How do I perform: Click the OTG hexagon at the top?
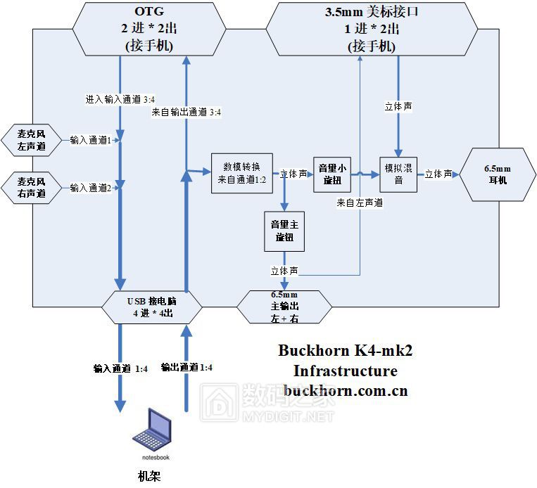[x=149, y=29]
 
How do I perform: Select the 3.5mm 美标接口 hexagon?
[x=372, y=29]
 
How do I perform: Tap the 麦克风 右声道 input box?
[x=32, y=186]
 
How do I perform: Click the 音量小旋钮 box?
[x=332, y=174]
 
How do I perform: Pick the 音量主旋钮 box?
[x=284, y=231]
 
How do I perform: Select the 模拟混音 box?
[x=398, y=174]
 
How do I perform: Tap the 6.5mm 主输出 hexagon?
[x=284, y=307]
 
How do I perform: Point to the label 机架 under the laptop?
[x=149, y=476]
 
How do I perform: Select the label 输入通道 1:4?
[x=120, y=367]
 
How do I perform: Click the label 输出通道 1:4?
[x=187, y=367]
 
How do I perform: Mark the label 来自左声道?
[x=360, y=203]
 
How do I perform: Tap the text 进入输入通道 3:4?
[x=120, y=100]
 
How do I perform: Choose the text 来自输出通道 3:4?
[x=187, y=112]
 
